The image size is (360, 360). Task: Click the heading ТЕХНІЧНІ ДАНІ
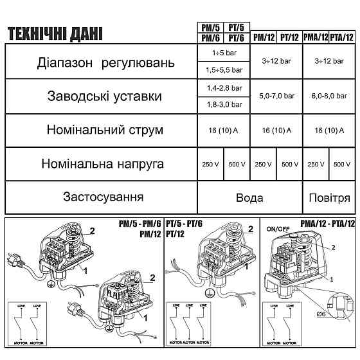click(55, 34)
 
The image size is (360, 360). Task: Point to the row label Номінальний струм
click(104, 130)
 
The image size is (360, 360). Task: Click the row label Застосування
click(103, 196)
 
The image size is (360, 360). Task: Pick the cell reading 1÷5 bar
click(223, 51)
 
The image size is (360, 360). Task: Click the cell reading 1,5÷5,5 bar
click(223, 68)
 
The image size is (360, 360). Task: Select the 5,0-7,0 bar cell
click(276, 95)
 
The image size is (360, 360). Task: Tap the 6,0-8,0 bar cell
click(329, 95)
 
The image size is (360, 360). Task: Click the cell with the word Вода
click(249, 198)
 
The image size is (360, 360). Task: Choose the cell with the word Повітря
click(329, 198)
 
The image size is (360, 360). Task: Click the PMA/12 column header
click(316, 37)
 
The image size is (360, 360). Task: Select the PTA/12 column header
click(343, 37)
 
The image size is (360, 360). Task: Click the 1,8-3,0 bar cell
click(223, 104)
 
